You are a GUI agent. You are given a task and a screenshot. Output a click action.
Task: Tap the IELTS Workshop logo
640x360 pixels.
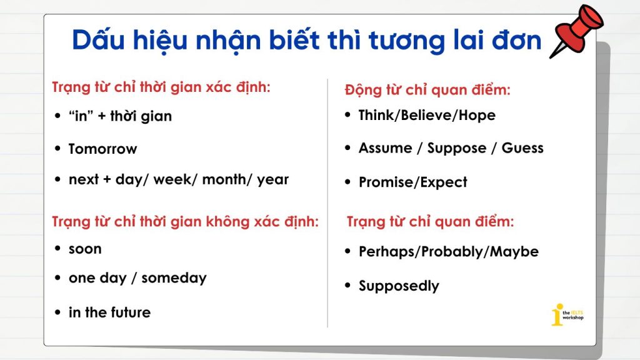[x=567, y=315]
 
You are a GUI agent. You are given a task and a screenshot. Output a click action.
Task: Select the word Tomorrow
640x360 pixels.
[x=103, y=149]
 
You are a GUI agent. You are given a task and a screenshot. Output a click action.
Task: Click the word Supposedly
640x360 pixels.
[x=399, y=286]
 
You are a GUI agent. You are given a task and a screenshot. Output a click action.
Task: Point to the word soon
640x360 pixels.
[x=85, y=249]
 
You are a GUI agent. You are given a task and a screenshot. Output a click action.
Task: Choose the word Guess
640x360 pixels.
[x=522, y=147]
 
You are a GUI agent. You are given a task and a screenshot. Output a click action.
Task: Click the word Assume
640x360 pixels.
[x=385, y=147]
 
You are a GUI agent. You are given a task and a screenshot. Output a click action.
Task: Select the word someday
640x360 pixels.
[x=174, y=278]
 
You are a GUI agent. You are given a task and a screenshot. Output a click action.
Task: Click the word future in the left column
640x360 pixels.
[x=131, y=312]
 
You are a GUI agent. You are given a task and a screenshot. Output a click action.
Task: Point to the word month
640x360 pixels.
[x=224, y=179]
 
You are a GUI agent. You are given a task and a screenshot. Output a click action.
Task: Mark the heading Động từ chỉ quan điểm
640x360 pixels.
[x=427, y=90]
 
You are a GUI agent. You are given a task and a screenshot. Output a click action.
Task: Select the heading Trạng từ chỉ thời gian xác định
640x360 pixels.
[x=161, y=87]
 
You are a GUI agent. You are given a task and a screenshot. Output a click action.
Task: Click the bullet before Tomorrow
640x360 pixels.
[x=57, y=149]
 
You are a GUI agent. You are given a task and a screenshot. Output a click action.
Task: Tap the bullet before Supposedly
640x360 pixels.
[x=347, y=285]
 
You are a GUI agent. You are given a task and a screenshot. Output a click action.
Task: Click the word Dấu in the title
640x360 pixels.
[x=98, y=40]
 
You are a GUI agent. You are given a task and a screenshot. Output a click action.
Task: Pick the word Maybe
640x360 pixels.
[x=514, y=252]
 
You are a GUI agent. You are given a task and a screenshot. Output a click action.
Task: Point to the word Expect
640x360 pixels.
[x=444, y=182]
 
